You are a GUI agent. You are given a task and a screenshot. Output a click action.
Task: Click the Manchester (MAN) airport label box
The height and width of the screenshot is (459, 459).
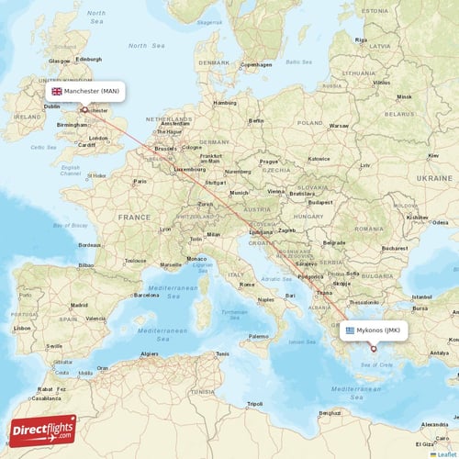click(x=84, y=91)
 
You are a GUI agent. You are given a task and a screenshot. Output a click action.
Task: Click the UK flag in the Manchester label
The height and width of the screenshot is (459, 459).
click(x=57, y=91)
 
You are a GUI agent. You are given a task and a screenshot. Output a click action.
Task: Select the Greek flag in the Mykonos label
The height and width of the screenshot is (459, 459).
click(x=348, y=330)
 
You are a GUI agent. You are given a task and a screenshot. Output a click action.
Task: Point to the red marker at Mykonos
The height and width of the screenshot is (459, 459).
click(x=373, y=348)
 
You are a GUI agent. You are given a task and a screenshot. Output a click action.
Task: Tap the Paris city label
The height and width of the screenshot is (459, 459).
click(x=140, y=181)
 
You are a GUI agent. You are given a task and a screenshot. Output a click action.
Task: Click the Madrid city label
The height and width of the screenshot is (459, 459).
click(x=79, y=304)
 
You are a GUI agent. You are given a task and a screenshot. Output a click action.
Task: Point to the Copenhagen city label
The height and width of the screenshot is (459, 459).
click(x=258, y=65)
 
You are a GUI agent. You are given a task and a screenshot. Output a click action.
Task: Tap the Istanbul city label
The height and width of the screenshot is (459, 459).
click(x=422, y=297)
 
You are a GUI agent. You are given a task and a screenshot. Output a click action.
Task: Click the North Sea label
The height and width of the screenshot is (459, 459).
click(x=138, y=45)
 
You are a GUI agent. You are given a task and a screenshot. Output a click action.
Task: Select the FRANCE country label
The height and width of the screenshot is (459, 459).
click(x=133, y=217)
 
